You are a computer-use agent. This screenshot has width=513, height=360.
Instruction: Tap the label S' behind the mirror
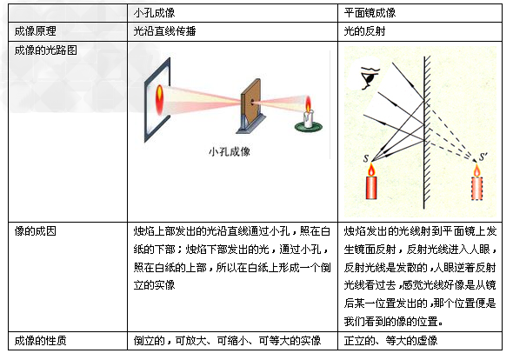[x=472, y=157]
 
